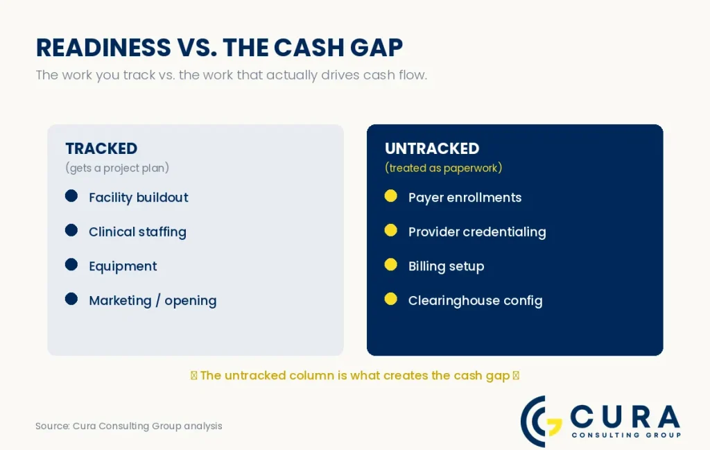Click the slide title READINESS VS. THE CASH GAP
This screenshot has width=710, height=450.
[219, 48]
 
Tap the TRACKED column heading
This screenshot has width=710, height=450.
[101, 148]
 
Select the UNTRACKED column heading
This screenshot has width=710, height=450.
[432, 148]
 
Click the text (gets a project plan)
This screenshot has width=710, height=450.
[117, 168]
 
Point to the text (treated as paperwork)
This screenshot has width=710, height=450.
[443, 168]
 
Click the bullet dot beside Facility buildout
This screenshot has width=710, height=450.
[71, 196]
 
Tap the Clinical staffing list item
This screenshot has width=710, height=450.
[138, 232]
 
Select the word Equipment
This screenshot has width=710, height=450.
[123, 266]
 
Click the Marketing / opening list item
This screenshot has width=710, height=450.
[153, 301]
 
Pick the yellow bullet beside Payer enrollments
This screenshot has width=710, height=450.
[391, 196]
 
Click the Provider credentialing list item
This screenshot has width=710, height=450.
[477, 232]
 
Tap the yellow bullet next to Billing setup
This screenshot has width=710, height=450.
[391, 265]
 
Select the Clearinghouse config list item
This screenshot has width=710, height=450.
[476, 301]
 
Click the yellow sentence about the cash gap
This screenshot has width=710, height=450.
[355, 375]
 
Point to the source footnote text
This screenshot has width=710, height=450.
[128, 426]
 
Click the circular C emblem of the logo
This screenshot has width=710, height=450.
[539, 422]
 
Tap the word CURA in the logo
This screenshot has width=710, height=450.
[625, 416]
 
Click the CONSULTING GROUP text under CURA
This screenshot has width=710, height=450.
[626, 435]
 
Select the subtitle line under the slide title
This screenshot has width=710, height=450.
[232, 75]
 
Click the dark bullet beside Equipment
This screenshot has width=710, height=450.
[71, 265]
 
